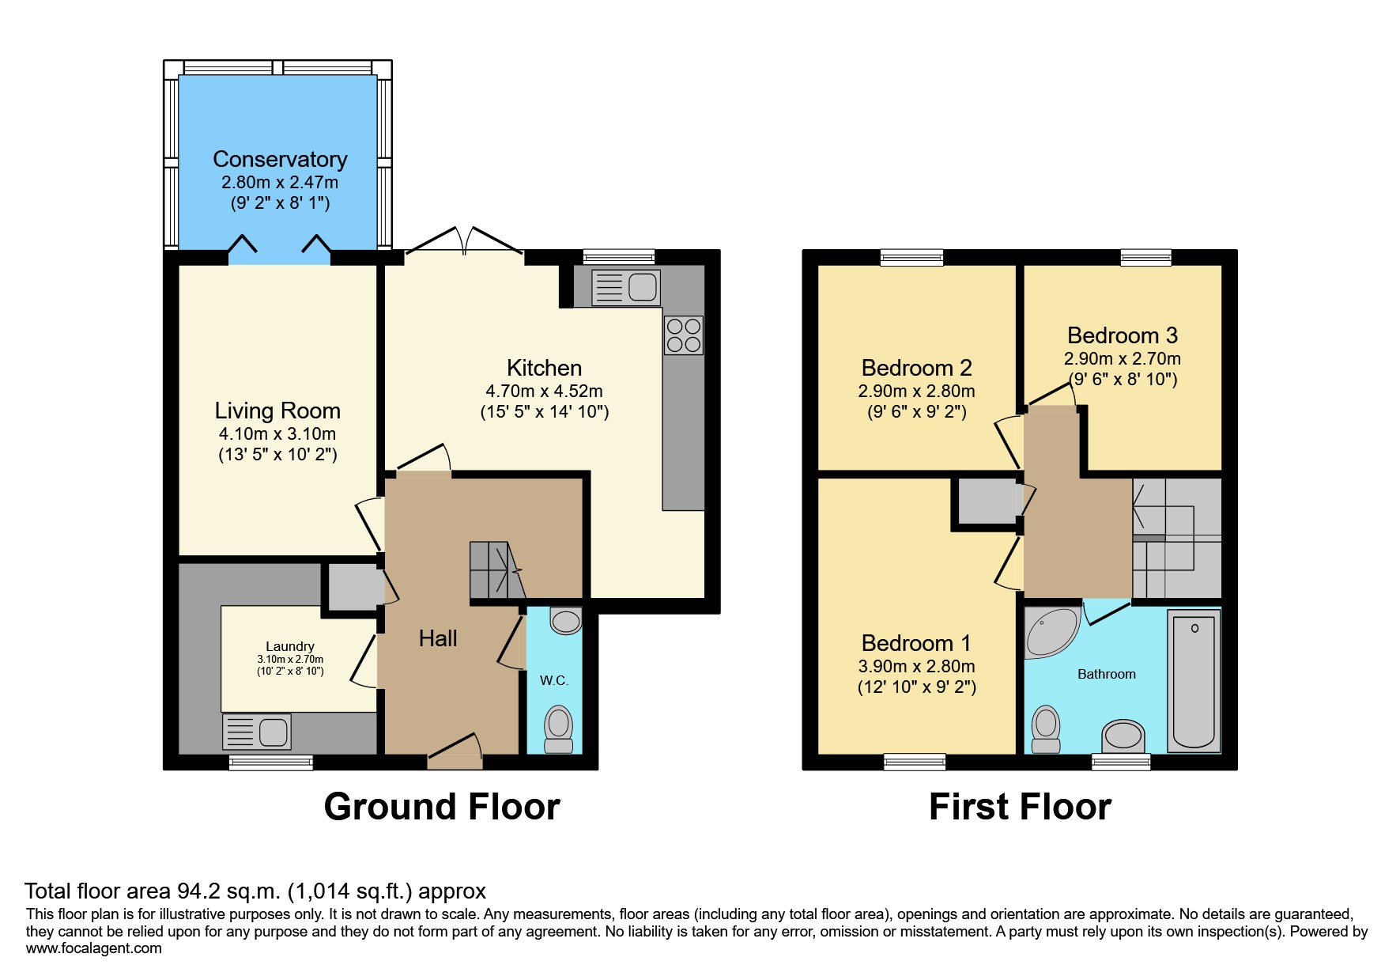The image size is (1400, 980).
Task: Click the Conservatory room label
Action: click(x=280, y=160)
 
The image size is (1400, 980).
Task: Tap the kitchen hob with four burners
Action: click(x=684, y=335)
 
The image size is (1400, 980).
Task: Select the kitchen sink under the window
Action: click(x=626, y=287)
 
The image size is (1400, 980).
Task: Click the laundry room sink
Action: click(x=257, y=732)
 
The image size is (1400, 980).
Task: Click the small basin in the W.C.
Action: click(x=566, y=621)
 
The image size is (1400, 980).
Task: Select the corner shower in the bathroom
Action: click(x=1049, y=632)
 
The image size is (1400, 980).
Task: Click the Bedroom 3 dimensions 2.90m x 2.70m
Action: click(x=1122, y=359)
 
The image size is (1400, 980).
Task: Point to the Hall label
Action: click(x=438, y=638)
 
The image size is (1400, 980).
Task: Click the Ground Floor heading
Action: click(x=442, y=807)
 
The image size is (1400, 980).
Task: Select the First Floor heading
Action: click(x=1020, y=807)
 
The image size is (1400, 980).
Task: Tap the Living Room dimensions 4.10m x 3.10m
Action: click(x=277, y=434)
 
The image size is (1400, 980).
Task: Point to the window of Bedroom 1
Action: click(x=915, y=762)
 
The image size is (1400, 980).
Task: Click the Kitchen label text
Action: click(x=544, y=368)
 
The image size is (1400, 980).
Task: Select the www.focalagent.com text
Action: click(x=93, y=948)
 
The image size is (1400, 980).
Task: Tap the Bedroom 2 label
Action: click(x=916, y=368)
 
